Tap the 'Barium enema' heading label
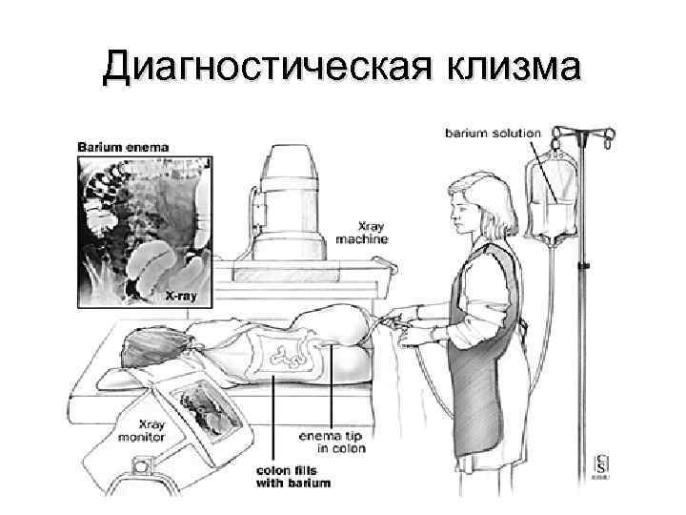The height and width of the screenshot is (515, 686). tap(123, 147)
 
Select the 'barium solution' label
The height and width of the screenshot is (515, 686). tap(493, 134)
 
